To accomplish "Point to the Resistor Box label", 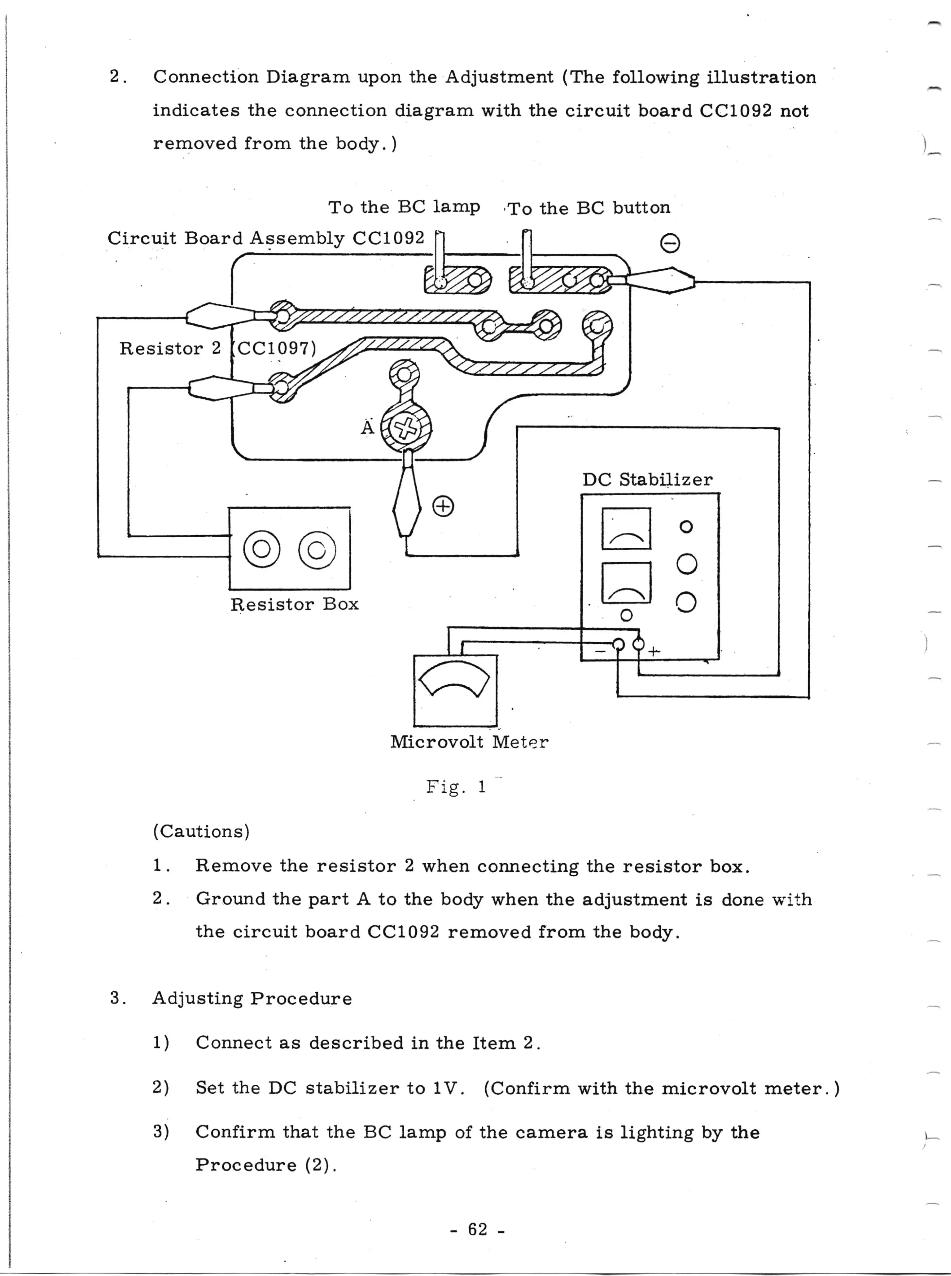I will point(294,604).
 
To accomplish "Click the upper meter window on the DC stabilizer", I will point(626,528).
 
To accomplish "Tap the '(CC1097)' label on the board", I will point(276,348).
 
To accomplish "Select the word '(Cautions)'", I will point(201,831).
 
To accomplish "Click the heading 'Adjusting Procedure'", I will point(251,998).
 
